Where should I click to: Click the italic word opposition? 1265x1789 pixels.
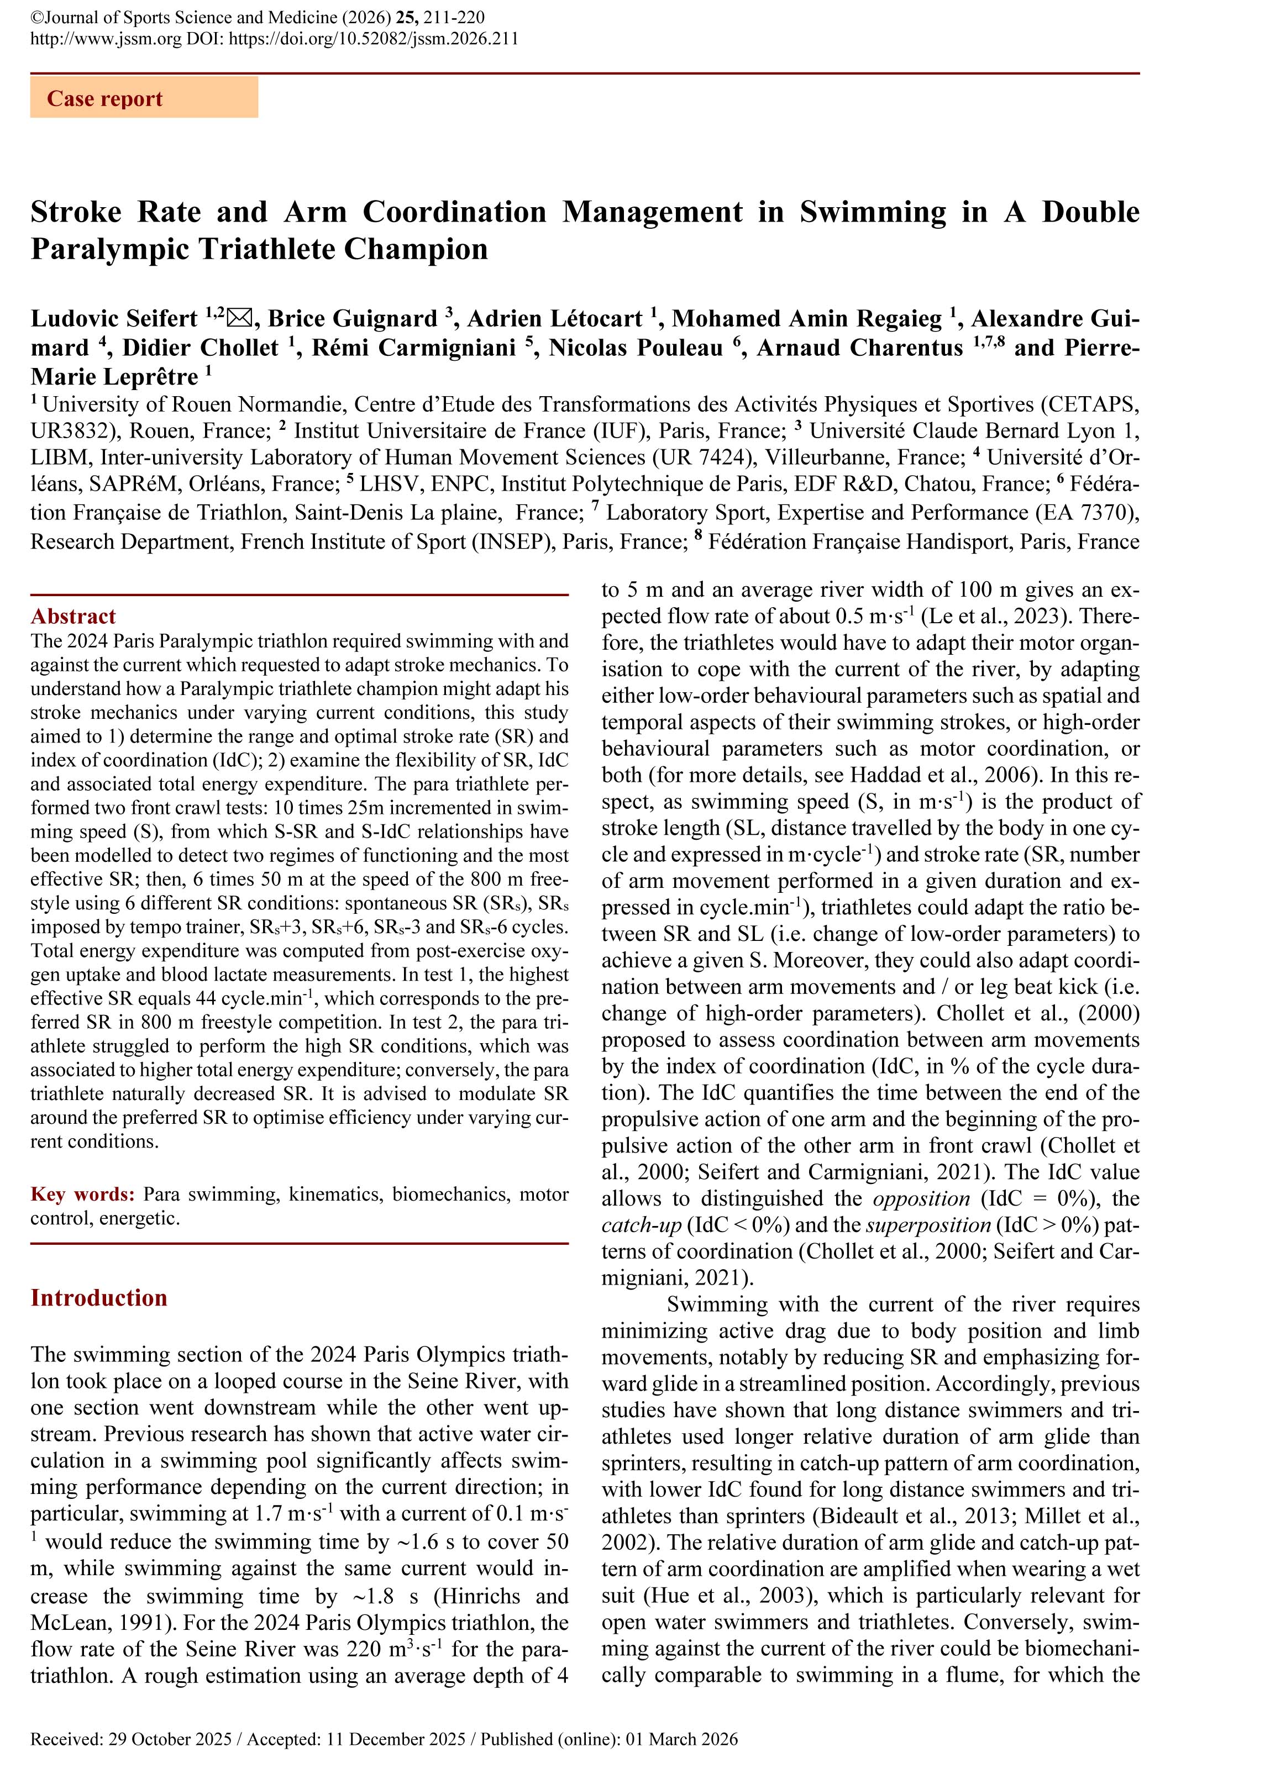tap(921, 1198)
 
